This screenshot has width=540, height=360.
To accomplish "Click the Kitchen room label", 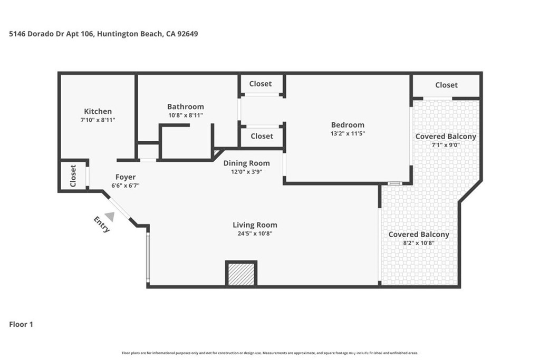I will [x=98, y=111].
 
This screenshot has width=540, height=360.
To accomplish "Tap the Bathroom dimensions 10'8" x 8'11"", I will [x=185, y=115].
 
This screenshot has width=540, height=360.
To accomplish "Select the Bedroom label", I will [x=348, y=125].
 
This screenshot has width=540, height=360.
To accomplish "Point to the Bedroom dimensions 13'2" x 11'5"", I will [x=348, y=133].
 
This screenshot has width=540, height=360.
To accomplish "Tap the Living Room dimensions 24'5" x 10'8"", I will [x=255, y=233].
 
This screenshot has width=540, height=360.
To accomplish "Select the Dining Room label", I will [x=246, y=163].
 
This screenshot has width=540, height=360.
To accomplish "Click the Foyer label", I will [x=126, y=177].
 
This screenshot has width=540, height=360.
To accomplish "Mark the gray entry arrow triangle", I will [x=110, y=216].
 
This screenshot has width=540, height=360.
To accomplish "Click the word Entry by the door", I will [x=102, y=224].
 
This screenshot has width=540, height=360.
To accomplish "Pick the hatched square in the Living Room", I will [x=241, y=274].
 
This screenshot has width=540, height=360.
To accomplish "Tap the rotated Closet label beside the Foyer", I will [x=73, y=176].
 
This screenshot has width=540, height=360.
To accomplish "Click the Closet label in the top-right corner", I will [x=446, y=85].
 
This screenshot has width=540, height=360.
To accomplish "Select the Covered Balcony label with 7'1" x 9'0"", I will [x=446, y=137].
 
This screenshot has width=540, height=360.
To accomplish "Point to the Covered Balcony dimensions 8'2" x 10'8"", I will [x=419, y=244].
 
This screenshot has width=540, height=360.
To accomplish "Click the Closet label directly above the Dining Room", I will [x=262, y=136].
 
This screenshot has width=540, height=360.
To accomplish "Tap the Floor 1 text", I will [x=21, y=325].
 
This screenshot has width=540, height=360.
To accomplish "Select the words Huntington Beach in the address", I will [x=126, y=34].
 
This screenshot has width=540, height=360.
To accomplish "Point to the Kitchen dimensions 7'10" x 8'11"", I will [x=98, y=120].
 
